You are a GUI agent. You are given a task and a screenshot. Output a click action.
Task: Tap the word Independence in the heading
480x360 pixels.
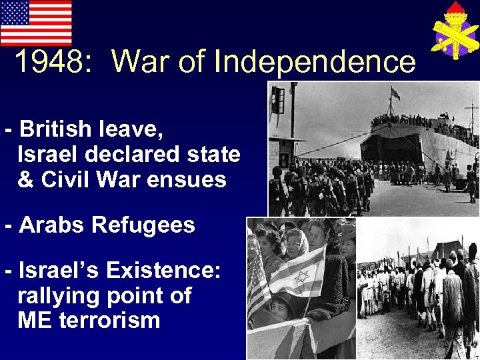tap(315, 62)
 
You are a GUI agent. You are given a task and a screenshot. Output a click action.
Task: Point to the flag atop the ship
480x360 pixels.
tap(395, 93)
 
